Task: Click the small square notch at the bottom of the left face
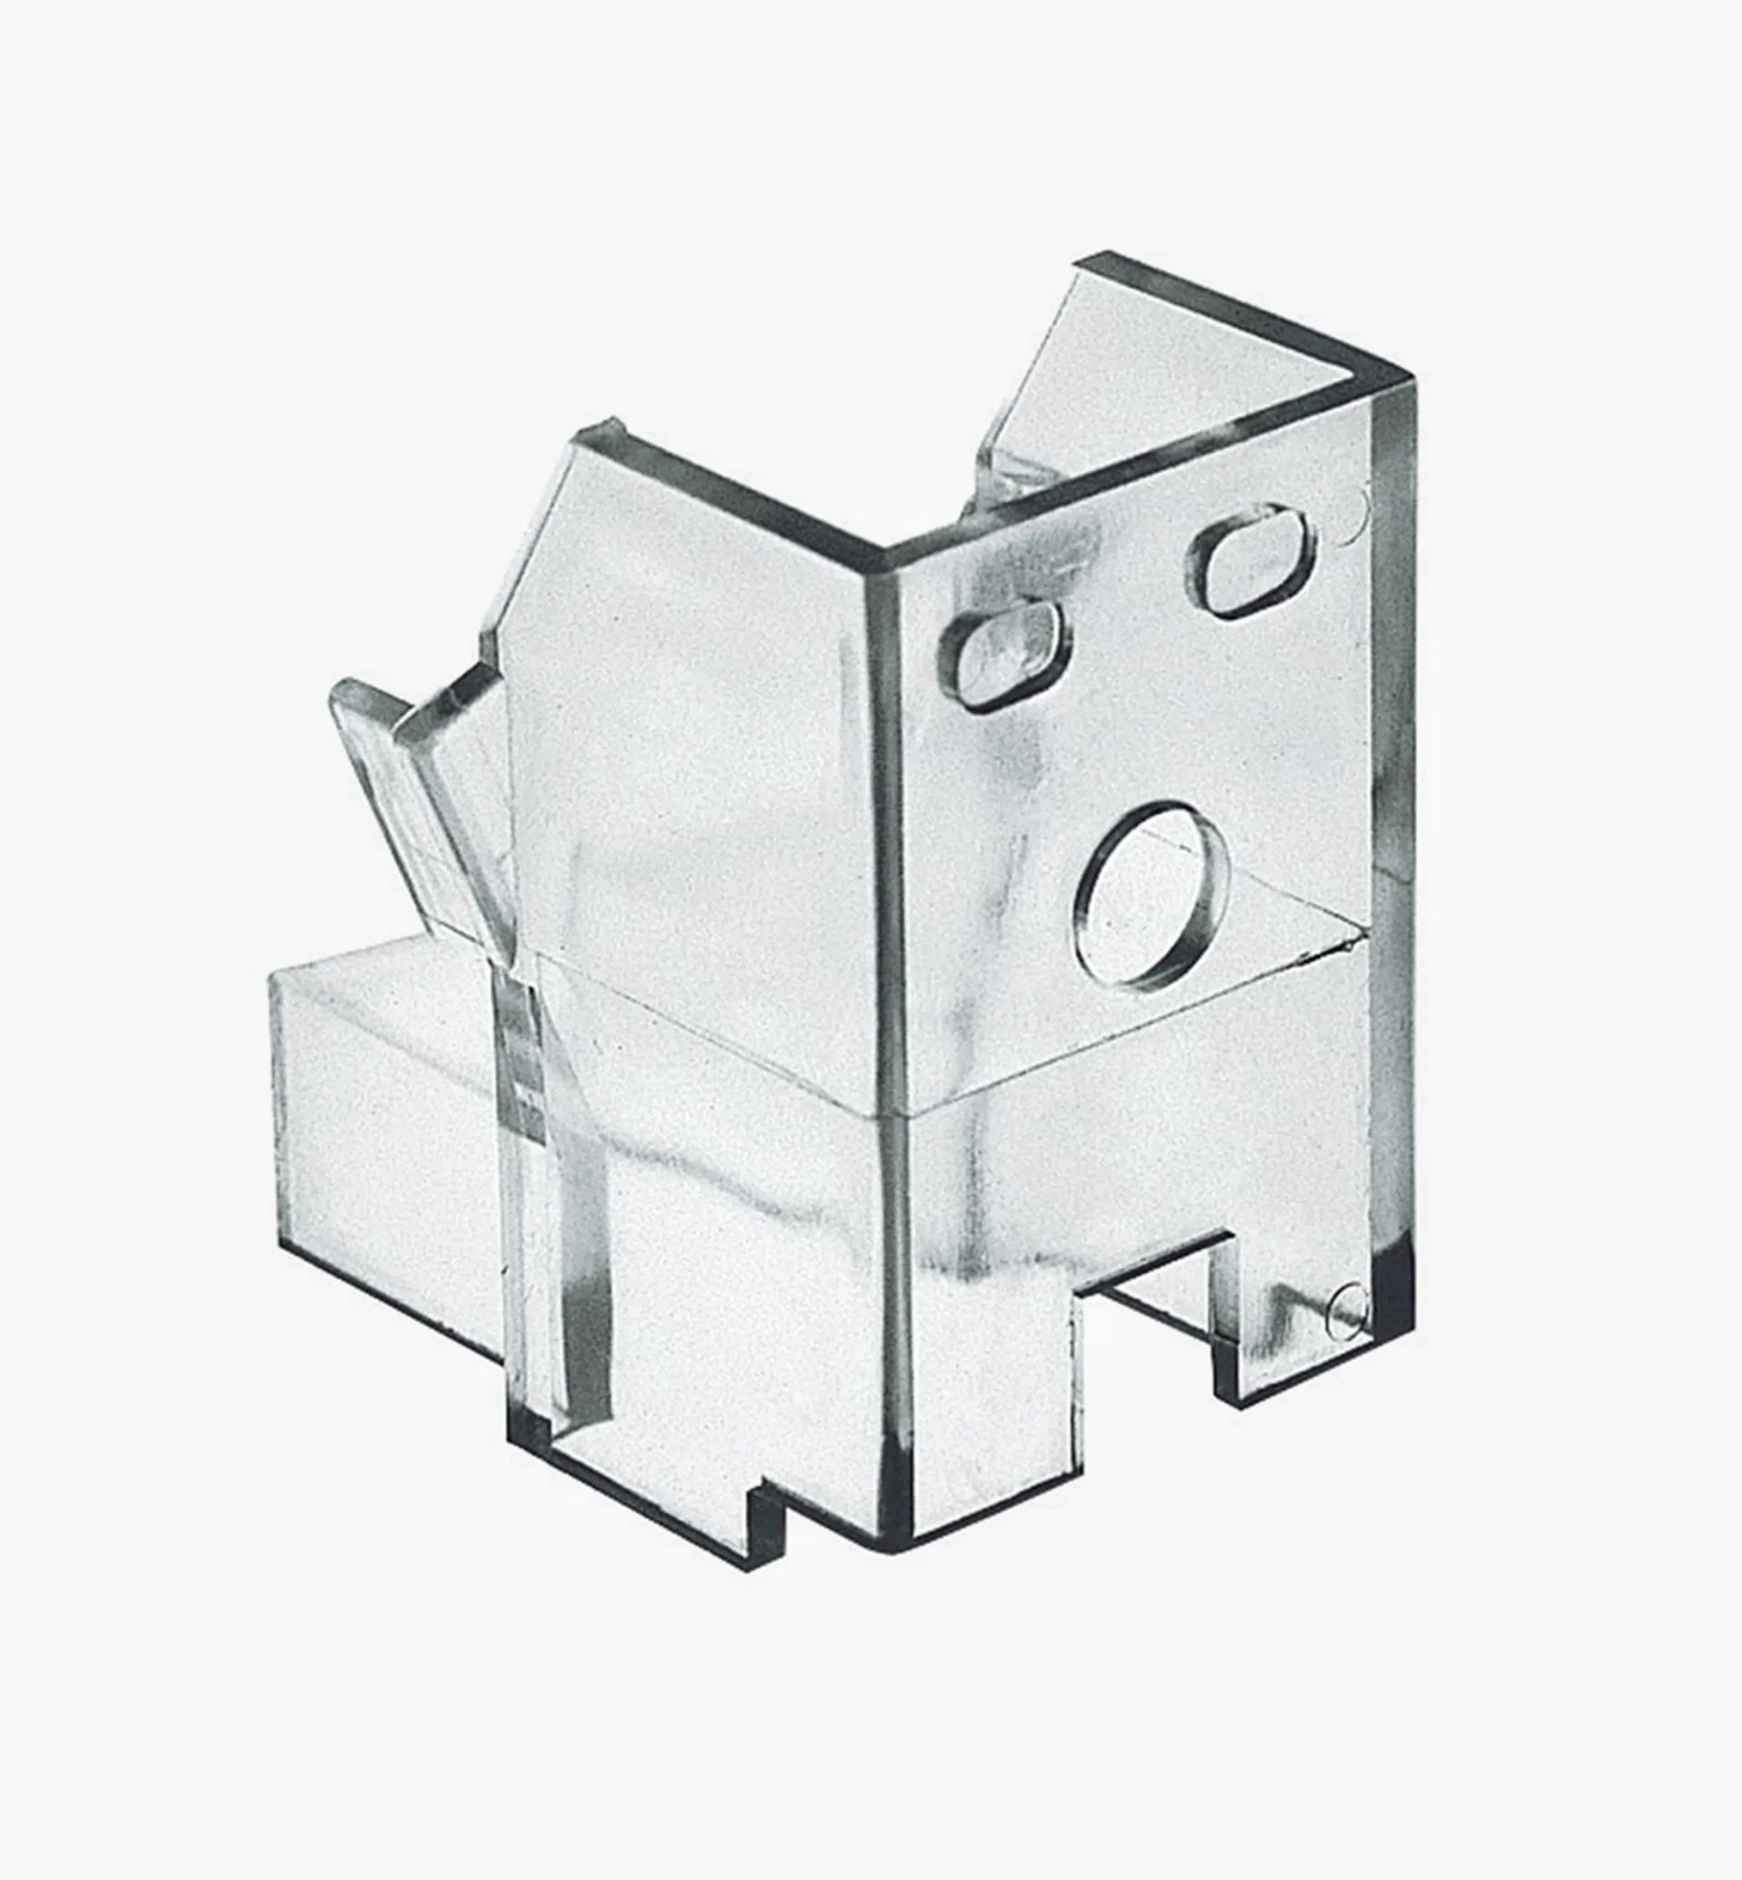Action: (x=766, y=1518)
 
